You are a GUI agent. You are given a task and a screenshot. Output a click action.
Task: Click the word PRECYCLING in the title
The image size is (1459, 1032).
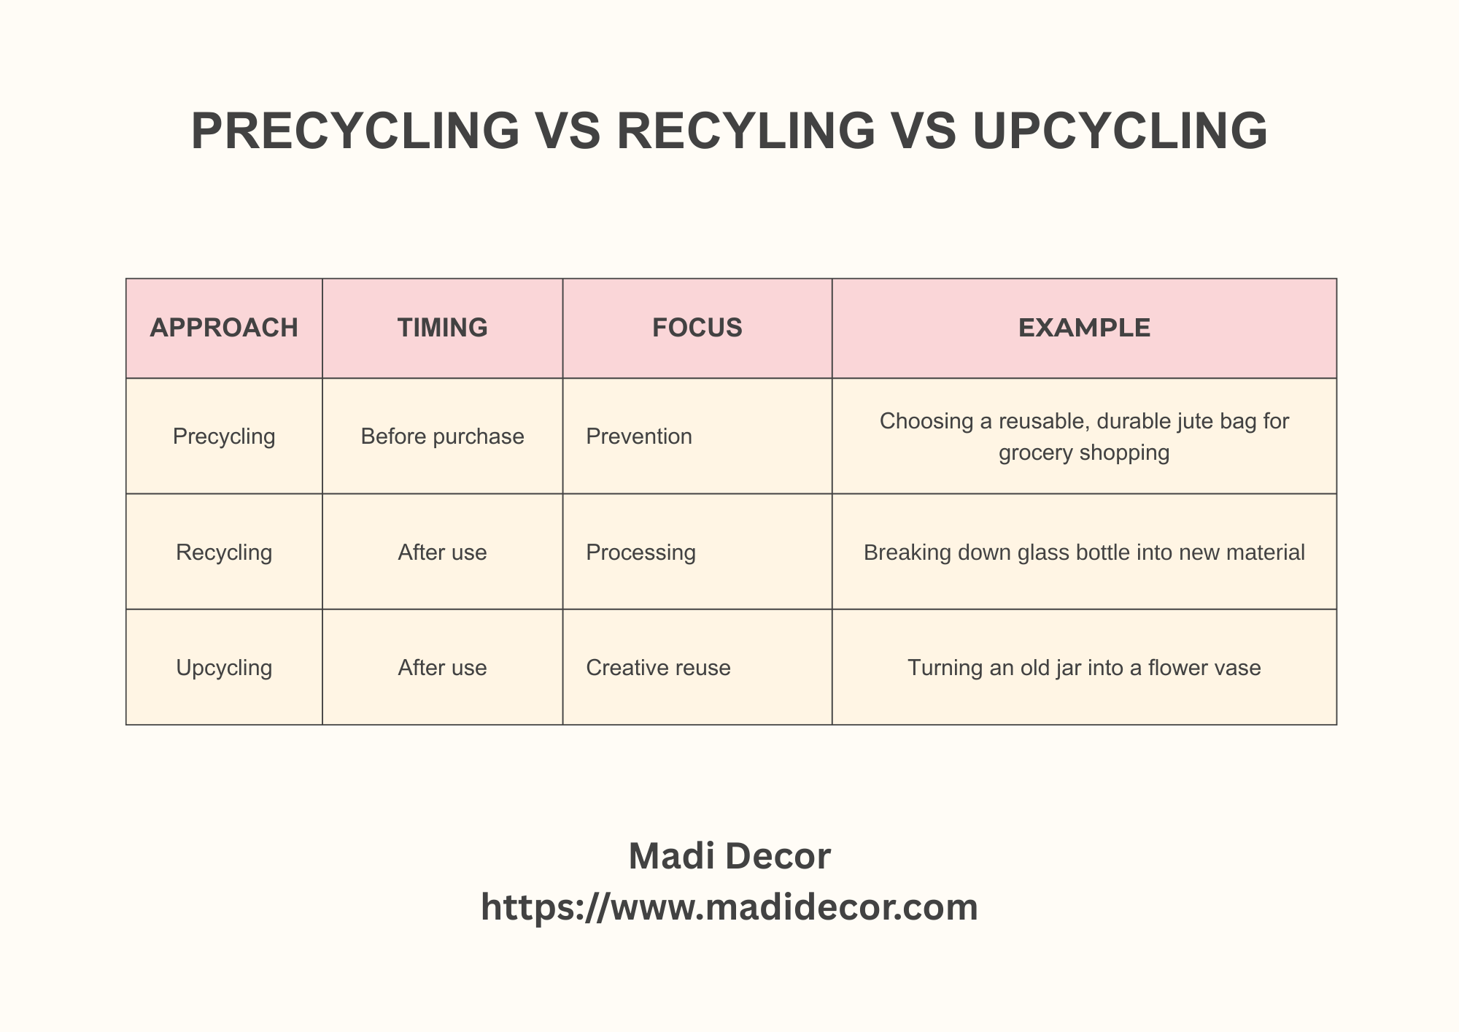coord(355,131)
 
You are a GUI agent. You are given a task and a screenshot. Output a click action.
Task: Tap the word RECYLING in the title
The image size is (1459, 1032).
coord(746,131)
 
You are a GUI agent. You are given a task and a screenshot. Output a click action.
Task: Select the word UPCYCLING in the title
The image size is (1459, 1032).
coord(1120,131)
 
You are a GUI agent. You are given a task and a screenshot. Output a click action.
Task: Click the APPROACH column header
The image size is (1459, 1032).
coord(224,328)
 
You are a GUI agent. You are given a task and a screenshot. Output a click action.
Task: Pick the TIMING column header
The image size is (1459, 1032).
coord(442,328)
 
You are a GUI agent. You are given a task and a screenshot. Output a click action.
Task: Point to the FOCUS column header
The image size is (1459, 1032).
coord(697,328)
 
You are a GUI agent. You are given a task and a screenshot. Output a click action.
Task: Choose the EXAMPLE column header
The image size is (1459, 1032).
coord(1084,328)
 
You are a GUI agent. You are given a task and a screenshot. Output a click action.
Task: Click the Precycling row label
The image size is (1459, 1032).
coord(224,436)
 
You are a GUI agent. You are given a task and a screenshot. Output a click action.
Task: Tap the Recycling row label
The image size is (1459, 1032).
coord(224,552)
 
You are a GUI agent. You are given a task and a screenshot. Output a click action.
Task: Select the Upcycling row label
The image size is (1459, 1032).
coord(224,668)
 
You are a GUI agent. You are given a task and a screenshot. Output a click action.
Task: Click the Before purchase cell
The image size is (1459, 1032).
coord(442,436)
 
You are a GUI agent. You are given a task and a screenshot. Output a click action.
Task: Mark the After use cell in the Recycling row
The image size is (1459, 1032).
coord(442,552)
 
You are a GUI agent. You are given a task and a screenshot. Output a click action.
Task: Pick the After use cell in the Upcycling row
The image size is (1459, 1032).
coord(442,668)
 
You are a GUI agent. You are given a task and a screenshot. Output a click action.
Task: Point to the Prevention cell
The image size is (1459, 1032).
coord(639,436)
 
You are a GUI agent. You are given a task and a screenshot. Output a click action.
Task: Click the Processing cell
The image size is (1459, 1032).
coord(641,552)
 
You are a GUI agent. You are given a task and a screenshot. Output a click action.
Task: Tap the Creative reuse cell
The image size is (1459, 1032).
coord(658,668)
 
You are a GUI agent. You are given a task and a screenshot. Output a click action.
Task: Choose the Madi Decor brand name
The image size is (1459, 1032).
coord(729,856)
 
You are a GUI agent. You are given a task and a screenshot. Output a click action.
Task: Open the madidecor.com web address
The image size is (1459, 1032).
coord(729,908)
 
